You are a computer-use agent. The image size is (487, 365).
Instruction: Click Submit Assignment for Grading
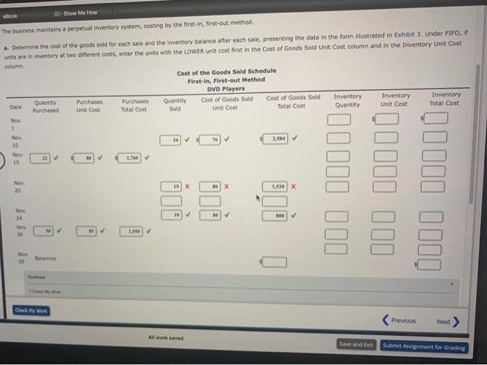(x=424, y=347)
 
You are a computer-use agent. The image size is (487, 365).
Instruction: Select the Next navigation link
(x=446, y=322)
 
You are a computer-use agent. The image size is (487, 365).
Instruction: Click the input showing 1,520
(x=276, y=186)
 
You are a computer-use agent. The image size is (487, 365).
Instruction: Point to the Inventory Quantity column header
(x=347, y=100)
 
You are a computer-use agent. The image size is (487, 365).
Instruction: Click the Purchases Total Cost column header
(x=134, y=105)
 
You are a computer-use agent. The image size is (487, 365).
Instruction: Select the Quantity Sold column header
(x=175, y=105)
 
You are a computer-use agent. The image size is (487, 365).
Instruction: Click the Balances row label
(x=46, y=257)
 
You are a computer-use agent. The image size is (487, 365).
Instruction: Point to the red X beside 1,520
(x=294, y=186)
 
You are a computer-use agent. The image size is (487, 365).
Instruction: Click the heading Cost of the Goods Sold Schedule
(x=226, y=71)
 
